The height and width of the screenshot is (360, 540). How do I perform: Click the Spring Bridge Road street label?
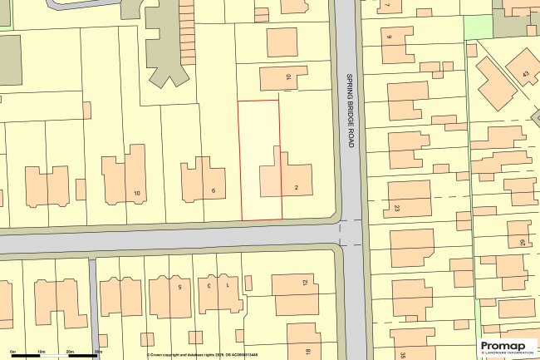(x=350, y=108)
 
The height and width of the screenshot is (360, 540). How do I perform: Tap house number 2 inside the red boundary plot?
(x=297, y=188)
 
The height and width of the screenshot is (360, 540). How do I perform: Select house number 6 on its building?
(x=214, y=191)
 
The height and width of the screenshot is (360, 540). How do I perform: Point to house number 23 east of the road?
(x=397, y=208)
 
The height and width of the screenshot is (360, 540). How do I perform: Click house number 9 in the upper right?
(x=389, y=37)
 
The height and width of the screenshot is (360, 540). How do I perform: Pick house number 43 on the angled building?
(x=525, y=75)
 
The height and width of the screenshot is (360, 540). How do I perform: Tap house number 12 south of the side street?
(x=306, y=283)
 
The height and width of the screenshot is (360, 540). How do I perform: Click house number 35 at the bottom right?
(x=401, y=355)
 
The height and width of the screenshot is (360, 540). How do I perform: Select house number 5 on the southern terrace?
(x=179, y=286)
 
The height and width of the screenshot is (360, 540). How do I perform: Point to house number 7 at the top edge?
(x=387, y=4)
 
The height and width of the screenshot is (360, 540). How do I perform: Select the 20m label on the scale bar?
(x=71, y=353)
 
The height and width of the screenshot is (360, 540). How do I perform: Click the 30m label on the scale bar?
(x=97, y=353)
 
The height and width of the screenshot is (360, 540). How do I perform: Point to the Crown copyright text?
(x=191, y=355)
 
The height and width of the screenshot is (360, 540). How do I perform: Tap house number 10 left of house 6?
(x=137, y=195)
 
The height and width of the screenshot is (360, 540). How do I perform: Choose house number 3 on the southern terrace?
(x=209, y=286)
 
